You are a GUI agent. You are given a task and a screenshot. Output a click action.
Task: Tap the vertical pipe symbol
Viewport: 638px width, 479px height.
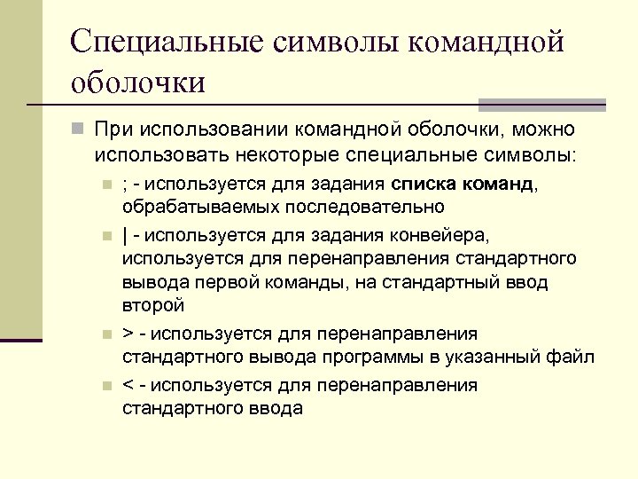point(124,237)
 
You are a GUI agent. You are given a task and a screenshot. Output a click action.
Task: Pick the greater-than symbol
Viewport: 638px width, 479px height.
point(128,334)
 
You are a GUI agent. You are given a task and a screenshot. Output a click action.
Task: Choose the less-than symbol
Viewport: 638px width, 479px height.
point(128,386)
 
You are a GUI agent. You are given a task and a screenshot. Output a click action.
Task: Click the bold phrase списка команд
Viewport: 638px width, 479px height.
point(461,185)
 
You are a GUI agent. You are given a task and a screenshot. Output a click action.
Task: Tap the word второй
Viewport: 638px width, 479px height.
point(152,306)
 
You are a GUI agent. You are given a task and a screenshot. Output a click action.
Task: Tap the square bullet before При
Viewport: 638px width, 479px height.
point(79,131)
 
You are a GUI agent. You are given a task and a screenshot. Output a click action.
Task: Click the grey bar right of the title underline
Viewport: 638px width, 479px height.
point(541,103)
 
